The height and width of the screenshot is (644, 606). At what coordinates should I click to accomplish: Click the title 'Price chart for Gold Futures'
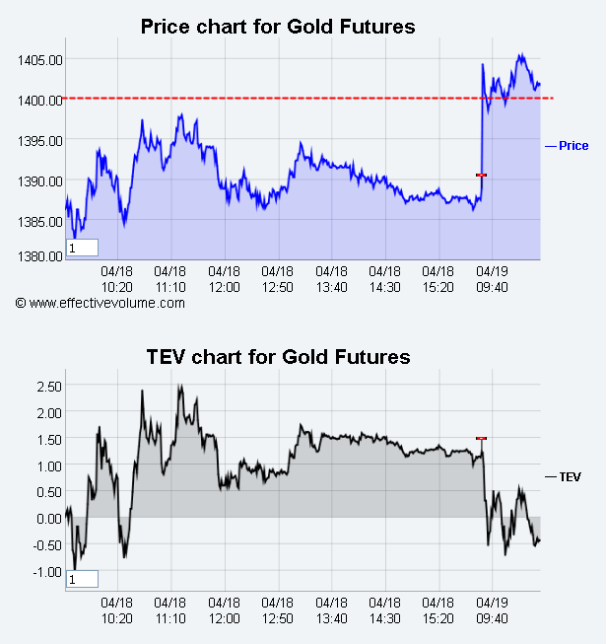click(x=278, y=26)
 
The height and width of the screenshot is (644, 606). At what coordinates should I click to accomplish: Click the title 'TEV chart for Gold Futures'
click(x=278, y=356)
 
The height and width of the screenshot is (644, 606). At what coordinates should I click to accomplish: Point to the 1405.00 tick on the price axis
click(x=39, y=59)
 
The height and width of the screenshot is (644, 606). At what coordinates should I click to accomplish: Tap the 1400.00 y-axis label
click(x=39, y=100)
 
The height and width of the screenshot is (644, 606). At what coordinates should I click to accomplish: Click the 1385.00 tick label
click(x=39, y=221)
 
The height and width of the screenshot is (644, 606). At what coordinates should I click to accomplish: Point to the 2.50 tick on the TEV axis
click(x=48, y=385)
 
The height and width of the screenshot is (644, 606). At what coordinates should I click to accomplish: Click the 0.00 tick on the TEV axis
click(x=48, y=518)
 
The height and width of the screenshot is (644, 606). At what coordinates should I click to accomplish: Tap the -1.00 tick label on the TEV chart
click(x=46, y=572)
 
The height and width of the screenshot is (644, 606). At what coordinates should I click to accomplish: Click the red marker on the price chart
click(x=481, y=175)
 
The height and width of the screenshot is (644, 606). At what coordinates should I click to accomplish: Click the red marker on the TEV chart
click(x=481, y=438)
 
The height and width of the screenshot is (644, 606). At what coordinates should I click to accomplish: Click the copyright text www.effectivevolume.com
click(x=101, y=303)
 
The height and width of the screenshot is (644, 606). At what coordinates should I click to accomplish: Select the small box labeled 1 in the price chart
click(x=82, y=249)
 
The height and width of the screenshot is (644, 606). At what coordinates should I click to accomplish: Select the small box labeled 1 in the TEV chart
click(x=82, y=580)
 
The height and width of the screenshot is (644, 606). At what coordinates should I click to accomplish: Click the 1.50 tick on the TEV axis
click(x=48, y=438)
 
